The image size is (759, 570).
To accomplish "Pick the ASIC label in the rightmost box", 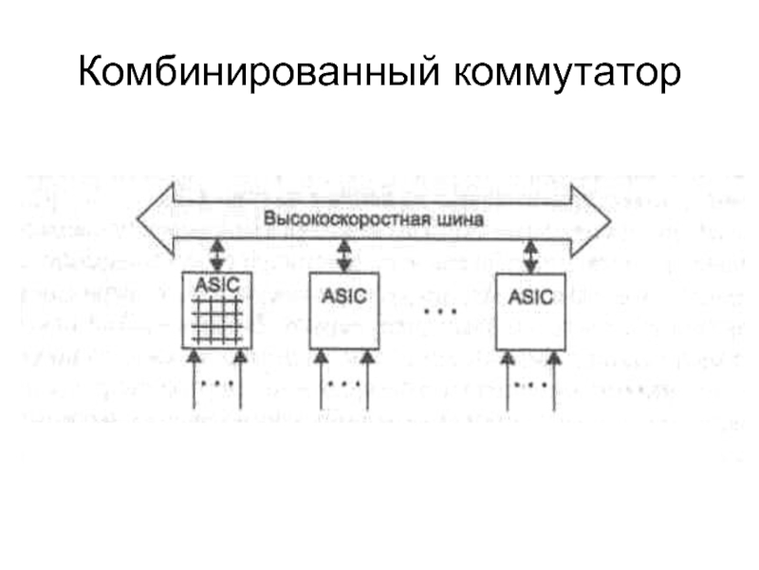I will point(530,295).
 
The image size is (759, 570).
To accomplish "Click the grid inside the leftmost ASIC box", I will point(219,319).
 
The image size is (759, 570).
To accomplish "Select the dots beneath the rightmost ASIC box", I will point(532,384).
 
